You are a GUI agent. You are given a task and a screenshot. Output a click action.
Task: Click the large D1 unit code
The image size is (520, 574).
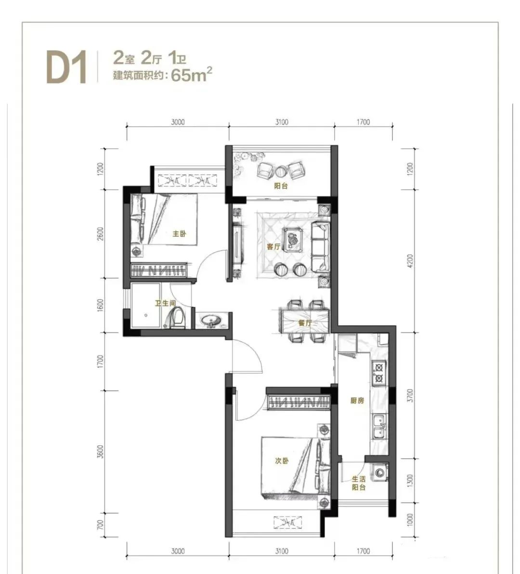point(66,68)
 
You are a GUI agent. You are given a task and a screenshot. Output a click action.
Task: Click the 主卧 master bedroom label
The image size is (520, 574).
point(179,233)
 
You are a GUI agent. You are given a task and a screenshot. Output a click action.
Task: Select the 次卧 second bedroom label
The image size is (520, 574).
point(282,461)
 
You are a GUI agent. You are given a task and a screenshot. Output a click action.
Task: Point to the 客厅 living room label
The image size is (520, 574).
point(273,247)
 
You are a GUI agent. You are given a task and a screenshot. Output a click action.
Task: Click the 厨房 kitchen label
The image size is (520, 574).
point(357,401)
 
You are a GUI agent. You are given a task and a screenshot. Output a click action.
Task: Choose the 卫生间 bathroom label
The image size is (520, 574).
point(165,303)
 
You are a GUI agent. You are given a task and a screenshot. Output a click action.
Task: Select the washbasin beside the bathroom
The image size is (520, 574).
point(211,321)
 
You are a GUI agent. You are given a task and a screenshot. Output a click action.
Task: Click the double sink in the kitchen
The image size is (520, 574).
point(379,427)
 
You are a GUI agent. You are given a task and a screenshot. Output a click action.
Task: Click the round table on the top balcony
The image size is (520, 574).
point(281,171)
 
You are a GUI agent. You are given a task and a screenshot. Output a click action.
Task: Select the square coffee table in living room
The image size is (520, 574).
point(293,239)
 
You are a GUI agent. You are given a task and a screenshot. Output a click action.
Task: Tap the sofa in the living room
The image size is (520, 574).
point(321,247)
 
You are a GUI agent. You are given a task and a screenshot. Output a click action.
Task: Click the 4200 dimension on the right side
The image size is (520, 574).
point(409,261)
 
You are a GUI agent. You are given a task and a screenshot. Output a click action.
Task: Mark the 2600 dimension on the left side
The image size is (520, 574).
point(101,234)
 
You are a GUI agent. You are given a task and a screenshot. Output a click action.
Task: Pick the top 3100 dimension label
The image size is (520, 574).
point(281,122)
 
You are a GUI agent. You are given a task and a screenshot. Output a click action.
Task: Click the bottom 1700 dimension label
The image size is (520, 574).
point(363,550)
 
